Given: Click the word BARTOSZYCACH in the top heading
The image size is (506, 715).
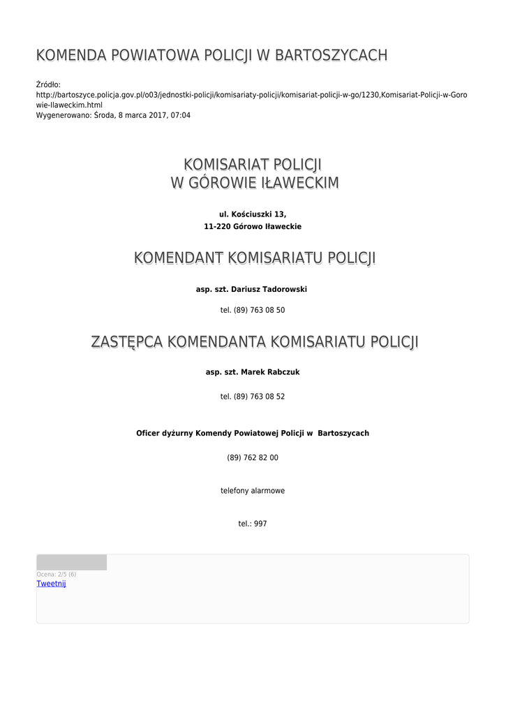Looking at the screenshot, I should (331, 55).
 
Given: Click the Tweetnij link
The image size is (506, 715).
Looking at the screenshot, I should (51, 584).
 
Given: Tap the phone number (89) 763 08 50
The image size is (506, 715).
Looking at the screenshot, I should (253, 310).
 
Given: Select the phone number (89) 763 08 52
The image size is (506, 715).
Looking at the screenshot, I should (253, 397).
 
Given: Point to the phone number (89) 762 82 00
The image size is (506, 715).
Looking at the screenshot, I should (253, 458).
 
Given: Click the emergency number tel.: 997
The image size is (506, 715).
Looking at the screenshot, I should (253, 524).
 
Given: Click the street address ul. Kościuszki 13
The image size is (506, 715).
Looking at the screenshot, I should (253, 214).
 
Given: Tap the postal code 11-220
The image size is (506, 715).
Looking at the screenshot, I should (216, 227).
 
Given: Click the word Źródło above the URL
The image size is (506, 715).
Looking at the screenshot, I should (48, 84).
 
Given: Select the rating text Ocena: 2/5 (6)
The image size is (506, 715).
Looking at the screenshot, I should (57, 575).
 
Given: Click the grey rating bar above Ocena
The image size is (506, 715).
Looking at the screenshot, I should (71, 562).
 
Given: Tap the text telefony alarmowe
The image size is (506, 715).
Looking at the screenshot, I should (253, 491).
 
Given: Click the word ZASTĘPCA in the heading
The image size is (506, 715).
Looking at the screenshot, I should (126, 342).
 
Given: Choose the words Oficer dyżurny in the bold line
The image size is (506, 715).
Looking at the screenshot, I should (164, 434).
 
